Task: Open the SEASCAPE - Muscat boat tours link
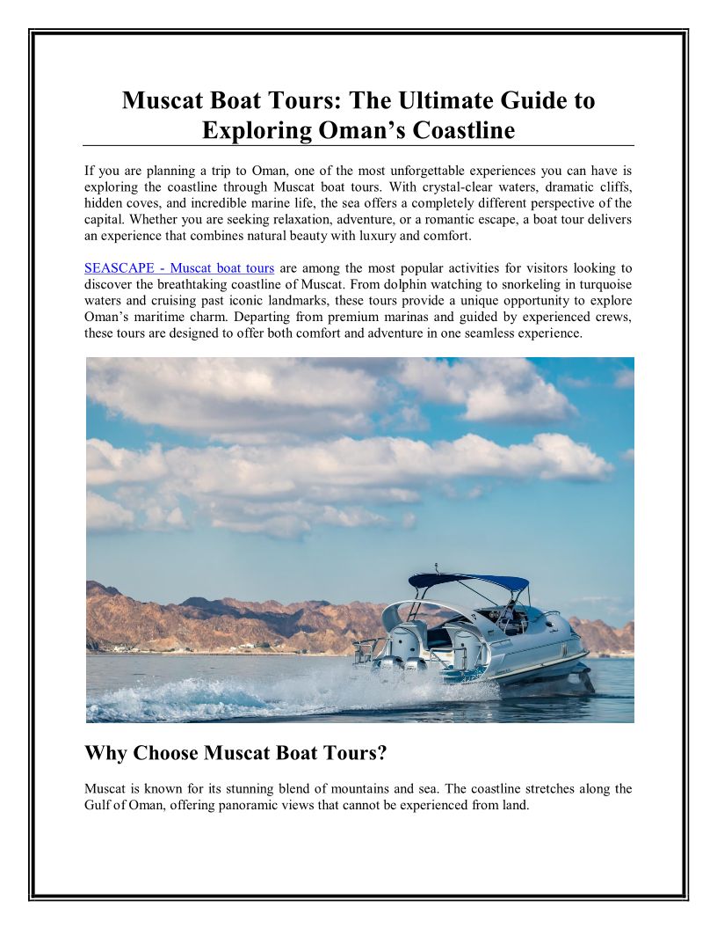179,267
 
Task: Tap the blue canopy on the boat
467,582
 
